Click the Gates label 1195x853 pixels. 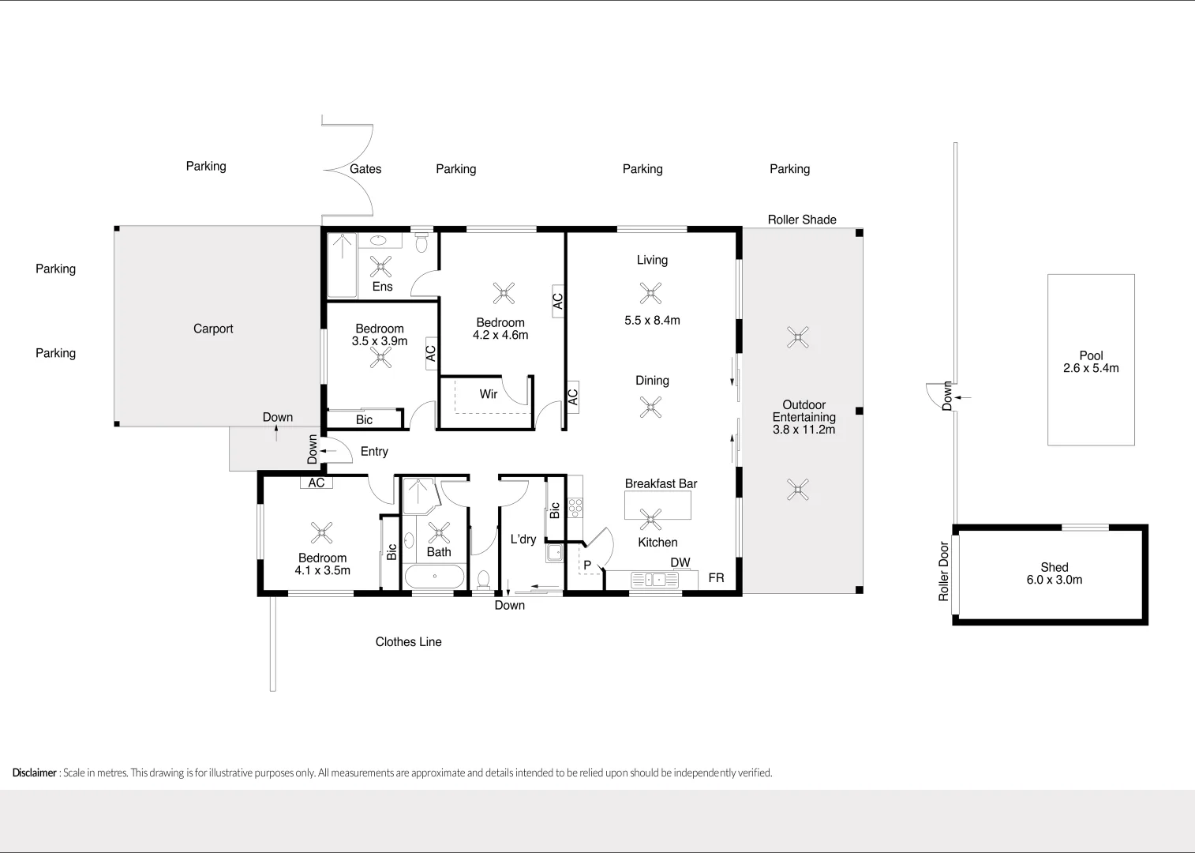coord(365,169)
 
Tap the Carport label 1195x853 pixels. coord(213,329)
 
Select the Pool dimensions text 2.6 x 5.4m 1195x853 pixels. coord(1091,368)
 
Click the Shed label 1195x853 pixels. coord(1054,567)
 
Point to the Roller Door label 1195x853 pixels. coord(944,571)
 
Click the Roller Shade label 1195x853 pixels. coord(802,220)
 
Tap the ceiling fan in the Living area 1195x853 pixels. coord(650,294)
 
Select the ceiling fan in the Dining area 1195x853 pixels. coord(650,408)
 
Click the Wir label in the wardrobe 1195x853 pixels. coord(489,394)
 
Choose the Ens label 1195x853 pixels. coord(382,287)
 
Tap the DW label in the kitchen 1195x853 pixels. coord(680,562)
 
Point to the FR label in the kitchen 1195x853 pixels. coord(716,578)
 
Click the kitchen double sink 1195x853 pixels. coord(654,581)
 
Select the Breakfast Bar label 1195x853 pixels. coord(661,483)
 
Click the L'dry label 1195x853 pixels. coord(523,539)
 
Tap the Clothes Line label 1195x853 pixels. coord(408,642)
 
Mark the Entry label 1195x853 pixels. coord(374,452)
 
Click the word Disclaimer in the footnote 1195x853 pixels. coord(35,772)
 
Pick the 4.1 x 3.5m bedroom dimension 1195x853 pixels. coord(322,570)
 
